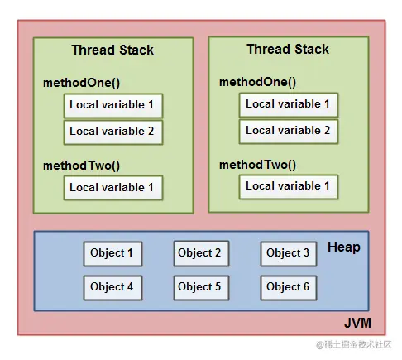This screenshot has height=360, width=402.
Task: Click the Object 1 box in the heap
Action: coord(111,254)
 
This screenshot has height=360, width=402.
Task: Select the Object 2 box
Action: coord(199,254)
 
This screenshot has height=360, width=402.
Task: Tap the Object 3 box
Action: coord(288,254)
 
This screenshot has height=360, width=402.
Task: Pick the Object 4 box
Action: coord(111,287)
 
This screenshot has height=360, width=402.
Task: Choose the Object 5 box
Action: coord(199,287)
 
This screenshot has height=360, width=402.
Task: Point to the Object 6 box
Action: coord(288,287)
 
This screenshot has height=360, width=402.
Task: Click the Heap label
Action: coord(343,247)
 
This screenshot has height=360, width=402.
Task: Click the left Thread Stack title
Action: coord(112,50)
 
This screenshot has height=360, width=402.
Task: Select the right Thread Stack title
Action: coord(287,50)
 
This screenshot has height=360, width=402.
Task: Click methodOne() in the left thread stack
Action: coord(81,84)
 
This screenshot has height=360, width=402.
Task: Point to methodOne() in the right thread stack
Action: coord(257,82)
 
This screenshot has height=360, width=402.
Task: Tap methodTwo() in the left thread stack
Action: coord(81,166)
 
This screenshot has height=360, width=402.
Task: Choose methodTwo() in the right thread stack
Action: coord(257,164)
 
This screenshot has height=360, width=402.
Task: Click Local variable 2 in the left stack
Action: coord(112,132)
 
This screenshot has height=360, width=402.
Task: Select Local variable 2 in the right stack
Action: coord(288,131)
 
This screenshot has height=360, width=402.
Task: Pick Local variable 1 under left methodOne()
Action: coord(112,105)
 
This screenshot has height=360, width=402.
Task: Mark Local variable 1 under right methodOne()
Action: coord(288,104)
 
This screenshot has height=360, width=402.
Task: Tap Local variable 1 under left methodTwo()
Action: coord(112,188)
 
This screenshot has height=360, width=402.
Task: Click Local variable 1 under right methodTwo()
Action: coord(288,186)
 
